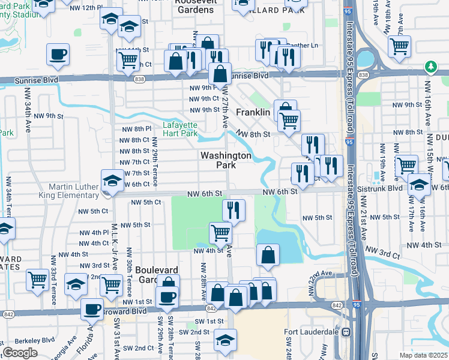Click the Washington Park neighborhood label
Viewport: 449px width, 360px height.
(x=226, y=160)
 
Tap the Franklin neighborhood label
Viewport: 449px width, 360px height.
(x=253, y=112)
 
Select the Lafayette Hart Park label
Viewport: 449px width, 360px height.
(x=180, y=129)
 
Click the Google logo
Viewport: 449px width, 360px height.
(x=20, y=353)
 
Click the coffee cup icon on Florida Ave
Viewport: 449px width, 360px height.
(x=92, y=309)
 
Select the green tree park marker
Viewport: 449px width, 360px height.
(x=430, y=66)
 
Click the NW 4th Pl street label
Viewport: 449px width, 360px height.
(x=92, y=232)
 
